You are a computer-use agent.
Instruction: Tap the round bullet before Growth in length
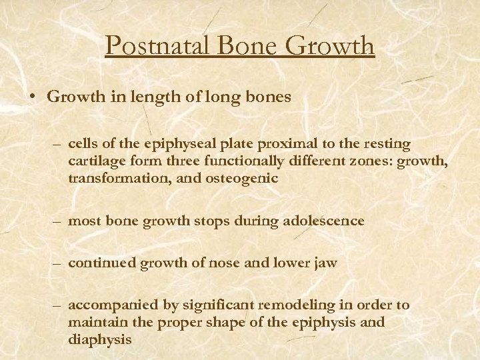coord(33,97)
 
